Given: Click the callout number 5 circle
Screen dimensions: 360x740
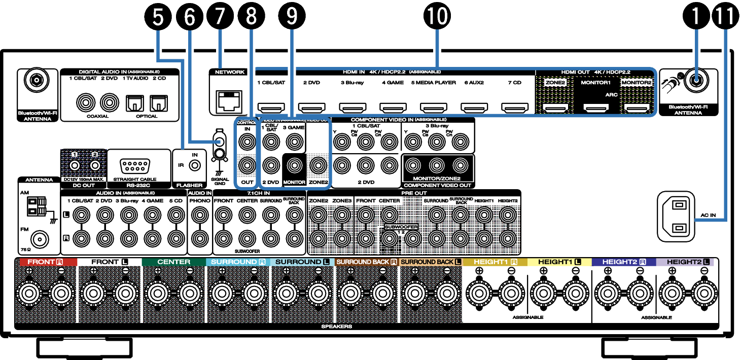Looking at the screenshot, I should pyautogui.click(x=158, y=17).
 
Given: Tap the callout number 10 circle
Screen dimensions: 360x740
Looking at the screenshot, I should pyautogui.click(x=437, y=17).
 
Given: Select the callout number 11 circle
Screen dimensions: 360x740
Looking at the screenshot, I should pyautogui.click(x=726, y=17).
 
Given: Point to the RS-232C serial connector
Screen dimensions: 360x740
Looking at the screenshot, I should pyautogui.click(x=138, y=165).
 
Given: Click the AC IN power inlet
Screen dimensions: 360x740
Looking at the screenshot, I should pyautogui.click(x=679, y=216).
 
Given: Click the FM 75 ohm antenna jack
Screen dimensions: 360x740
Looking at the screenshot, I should pyautogui.click(x=37, y=238).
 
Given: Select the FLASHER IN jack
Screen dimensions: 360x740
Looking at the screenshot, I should pyautogui.click(x=194, y=165).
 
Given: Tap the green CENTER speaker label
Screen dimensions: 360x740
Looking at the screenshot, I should pyautogui.click(x=174, y=262).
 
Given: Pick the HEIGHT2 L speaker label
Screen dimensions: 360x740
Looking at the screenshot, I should pyautogui.click(x=685, y=262).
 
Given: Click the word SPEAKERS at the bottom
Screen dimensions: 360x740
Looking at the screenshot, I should pyautogui.click(x=336, y=327).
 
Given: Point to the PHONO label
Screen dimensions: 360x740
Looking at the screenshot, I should pyautogui.click(x=199, y=201).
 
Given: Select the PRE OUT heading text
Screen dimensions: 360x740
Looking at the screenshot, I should pyautogui.click(x=413, y=193).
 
